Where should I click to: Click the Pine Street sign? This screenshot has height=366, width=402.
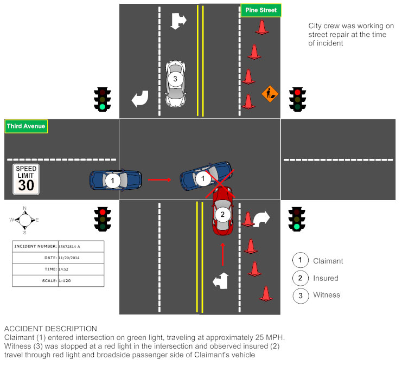pos(261,10)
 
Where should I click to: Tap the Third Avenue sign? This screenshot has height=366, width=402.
pos(26,127)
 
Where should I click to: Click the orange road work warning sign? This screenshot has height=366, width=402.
pos(270,93)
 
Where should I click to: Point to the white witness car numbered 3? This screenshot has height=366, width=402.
pos(175,84)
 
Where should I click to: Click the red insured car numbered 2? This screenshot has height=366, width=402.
pos(222,211)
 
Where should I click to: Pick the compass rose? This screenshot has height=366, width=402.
pos(24,220)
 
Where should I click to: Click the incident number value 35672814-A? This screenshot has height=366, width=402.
pos(72,246)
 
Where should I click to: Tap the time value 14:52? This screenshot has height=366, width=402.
pos(65,269)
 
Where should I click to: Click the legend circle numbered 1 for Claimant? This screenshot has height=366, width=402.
pos(300,261)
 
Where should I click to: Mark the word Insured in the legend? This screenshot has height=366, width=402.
pos(326,278)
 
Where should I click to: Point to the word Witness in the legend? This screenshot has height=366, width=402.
pos(327,295)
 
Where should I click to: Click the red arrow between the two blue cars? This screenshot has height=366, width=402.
pos(160,178)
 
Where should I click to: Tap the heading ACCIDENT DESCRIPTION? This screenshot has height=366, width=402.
pos(50,329)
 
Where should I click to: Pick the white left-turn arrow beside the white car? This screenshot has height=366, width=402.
pos(140,99)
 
